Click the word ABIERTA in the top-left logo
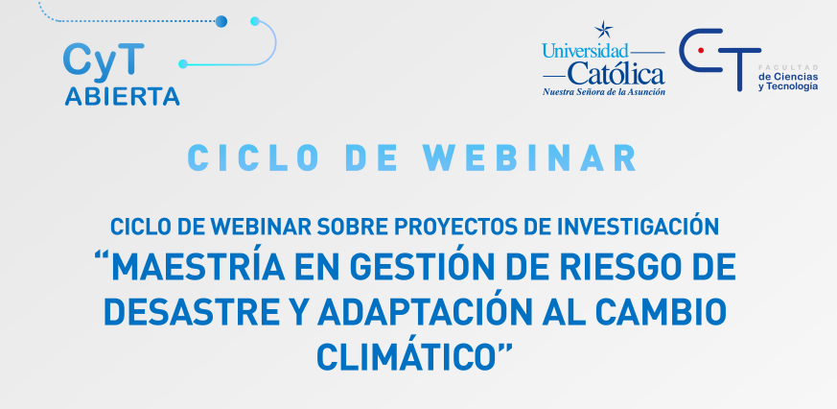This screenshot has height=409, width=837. coord(122,97)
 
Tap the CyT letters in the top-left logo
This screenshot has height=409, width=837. coord(105,60)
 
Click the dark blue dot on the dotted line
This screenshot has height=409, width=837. coord(221,20)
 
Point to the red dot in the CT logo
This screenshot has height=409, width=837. coord(701,49)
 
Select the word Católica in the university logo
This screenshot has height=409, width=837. coord(616,73)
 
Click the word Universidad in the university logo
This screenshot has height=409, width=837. coord(585,50)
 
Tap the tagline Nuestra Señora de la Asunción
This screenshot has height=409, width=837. coord(604,92)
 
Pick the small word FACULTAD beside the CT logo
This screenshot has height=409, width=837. coord(787,63)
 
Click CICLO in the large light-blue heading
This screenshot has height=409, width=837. coord(248,156)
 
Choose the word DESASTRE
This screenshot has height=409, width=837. coord(198,311)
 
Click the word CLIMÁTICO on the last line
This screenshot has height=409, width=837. coord(410,355)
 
